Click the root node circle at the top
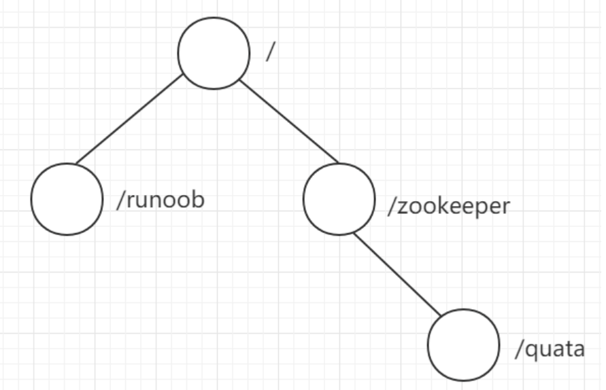point(214,53)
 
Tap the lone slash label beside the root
point(269,53)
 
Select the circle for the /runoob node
point(67,199)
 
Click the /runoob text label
point(161,202)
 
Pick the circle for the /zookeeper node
point(339,199)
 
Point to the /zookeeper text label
point(448,206)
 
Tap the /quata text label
point(550,350)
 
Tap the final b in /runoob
point(198,201)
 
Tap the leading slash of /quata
point(518,350)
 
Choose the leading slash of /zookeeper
point(391,206)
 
